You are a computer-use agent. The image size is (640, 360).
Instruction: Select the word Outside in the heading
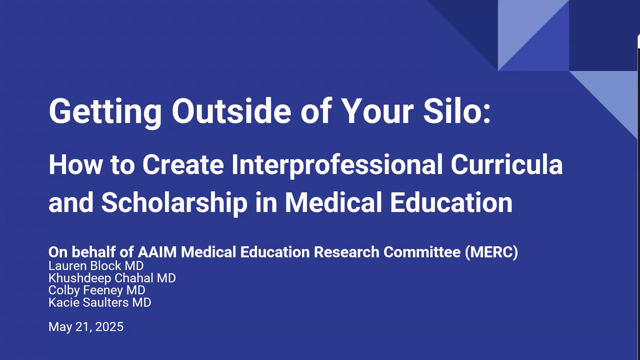[x=231, y=111]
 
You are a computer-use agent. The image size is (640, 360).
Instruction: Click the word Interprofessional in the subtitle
[x=337, y=165]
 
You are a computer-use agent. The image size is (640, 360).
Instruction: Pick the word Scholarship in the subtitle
[x=174, y=203]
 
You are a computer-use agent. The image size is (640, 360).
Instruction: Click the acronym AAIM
[x=157, y=252]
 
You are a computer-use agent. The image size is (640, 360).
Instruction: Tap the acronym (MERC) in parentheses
[x=492, y=252]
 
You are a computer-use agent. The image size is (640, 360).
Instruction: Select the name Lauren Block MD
[x=96, y=266]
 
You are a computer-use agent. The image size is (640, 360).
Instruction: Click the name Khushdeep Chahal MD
[x=112, y=278]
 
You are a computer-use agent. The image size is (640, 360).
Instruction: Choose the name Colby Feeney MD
[x=97, y=290]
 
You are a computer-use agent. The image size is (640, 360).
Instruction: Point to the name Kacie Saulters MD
[x=100, y=302]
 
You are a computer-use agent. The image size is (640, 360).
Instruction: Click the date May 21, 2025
[x=86, y=327]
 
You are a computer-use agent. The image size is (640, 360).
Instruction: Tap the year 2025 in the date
[x=109, y=327]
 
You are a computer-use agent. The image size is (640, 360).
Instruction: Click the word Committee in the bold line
[x=422, y=252]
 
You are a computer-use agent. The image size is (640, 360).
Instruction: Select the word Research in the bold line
[x=347, y=252]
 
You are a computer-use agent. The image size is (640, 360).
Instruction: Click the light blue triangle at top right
[x=522, y=23]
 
